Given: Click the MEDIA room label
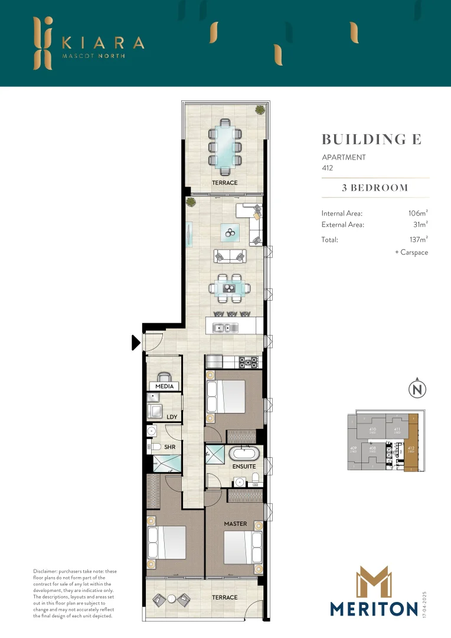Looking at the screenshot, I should click(x=165, y=386).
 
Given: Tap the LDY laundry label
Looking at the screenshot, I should click(x=172, y=417).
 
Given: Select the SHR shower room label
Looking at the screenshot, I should click(x=170, y=447).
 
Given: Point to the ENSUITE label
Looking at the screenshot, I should click(x=244, y=466).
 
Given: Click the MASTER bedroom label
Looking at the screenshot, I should click(x=236, y=523).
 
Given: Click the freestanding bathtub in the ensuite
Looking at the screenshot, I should click(x=244, y=455).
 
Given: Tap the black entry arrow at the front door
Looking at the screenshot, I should click(x=136, y=342).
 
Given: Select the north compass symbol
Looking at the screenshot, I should click(x=417, y=389).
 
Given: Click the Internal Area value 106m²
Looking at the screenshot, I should click(x=417, y=213).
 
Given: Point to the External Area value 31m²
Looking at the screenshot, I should click(x=419, y=224).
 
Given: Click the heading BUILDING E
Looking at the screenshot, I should click(x=371, y=139).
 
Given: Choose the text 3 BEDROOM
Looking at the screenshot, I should click(x=375, y=188).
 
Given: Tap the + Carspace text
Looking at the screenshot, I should click(x=411, y=252).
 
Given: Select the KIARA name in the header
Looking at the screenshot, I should click(x=103, y=43).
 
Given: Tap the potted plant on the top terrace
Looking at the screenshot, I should click(x=260, y=109).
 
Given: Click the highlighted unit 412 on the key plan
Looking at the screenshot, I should click(x=411, y=452).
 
